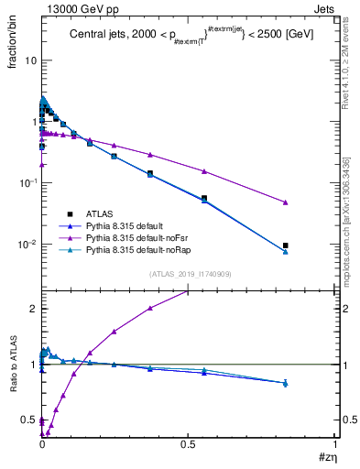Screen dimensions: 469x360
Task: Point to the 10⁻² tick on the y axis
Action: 28,245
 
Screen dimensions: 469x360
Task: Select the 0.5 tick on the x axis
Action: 187,445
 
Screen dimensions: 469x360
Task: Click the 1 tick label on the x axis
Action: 334,445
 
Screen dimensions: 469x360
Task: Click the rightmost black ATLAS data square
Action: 286,245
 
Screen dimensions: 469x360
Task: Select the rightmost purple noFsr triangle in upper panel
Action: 286,202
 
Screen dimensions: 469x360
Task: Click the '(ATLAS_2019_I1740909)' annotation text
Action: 189,274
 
